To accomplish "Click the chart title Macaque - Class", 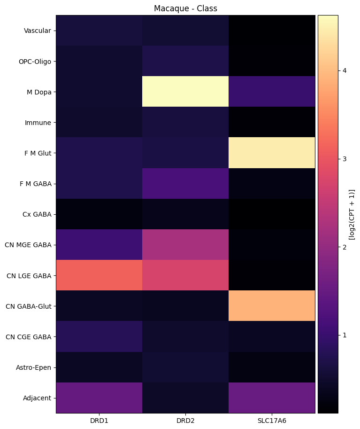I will pyautogui.click(x=185, y=8).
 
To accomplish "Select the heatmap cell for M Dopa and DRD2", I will pyautogui.click(x=185, y=92).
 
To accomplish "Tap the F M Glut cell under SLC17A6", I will pyautogui.click(x=272, y=153).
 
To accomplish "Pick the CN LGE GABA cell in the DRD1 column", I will pyautogui.click(x=99, y=275).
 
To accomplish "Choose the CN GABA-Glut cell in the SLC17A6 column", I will pyautogui.click(x=272, y=306).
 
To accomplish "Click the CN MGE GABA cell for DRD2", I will pyautogui.click(x=185, y=245).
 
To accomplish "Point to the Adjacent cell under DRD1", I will pyautogui.click(x=99, y=398).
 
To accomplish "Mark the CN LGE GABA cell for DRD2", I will pyautogui.click(x=185, y=275).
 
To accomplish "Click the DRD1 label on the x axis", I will pyautogui.click(x=99, y=421).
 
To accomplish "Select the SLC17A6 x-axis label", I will pyautogui.click(x=272, y=421).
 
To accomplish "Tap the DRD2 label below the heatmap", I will pyautogui.click(x=185, y=421).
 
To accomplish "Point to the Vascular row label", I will pyautogui.click(x=38, y=31).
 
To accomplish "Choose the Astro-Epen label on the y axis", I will pyautogui.click(x=36, y=367).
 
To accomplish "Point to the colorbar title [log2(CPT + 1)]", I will pyautogui.click(x=352, y=214).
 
